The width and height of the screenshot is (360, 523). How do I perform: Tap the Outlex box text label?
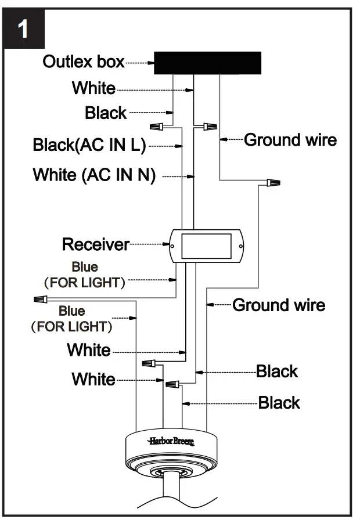[x=84, y=62]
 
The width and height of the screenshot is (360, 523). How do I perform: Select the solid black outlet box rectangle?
[x=207, y=63]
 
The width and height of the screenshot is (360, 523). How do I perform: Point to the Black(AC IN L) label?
[x=89, y=145]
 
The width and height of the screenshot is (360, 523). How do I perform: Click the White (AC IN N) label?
[x=94, y=175]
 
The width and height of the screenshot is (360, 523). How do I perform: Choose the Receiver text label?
[x=96, y=244]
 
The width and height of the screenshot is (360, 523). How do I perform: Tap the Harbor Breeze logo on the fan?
[x=171, y=441]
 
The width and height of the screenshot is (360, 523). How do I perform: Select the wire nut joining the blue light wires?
[x=40, y=301]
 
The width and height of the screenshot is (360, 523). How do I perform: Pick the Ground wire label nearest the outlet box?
[x=290, y=140]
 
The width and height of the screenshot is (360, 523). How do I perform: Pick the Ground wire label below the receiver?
[x=279, y=305]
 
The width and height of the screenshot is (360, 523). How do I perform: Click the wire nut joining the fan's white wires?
[x=150, y=364]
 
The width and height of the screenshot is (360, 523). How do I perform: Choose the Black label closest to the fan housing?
[x=279, y=403]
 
